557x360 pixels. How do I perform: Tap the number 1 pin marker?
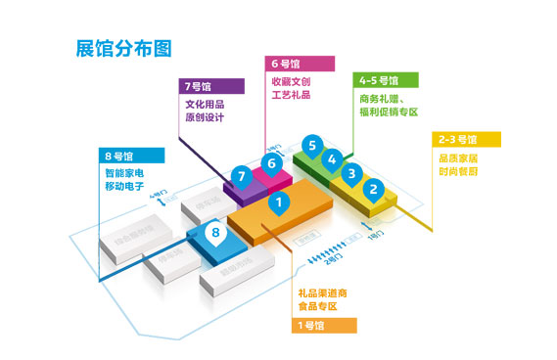280,203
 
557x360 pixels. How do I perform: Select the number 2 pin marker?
372,189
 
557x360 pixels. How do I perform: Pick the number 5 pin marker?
311,147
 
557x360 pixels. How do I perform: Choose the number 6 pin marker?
271,163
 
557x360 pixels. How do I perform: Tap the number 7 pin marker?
240,176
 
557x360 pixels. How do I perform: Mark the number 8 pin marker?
217,233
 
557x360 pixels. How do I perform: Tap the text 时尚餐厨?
458,171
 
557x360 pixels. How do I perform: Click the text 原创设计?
205,118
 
